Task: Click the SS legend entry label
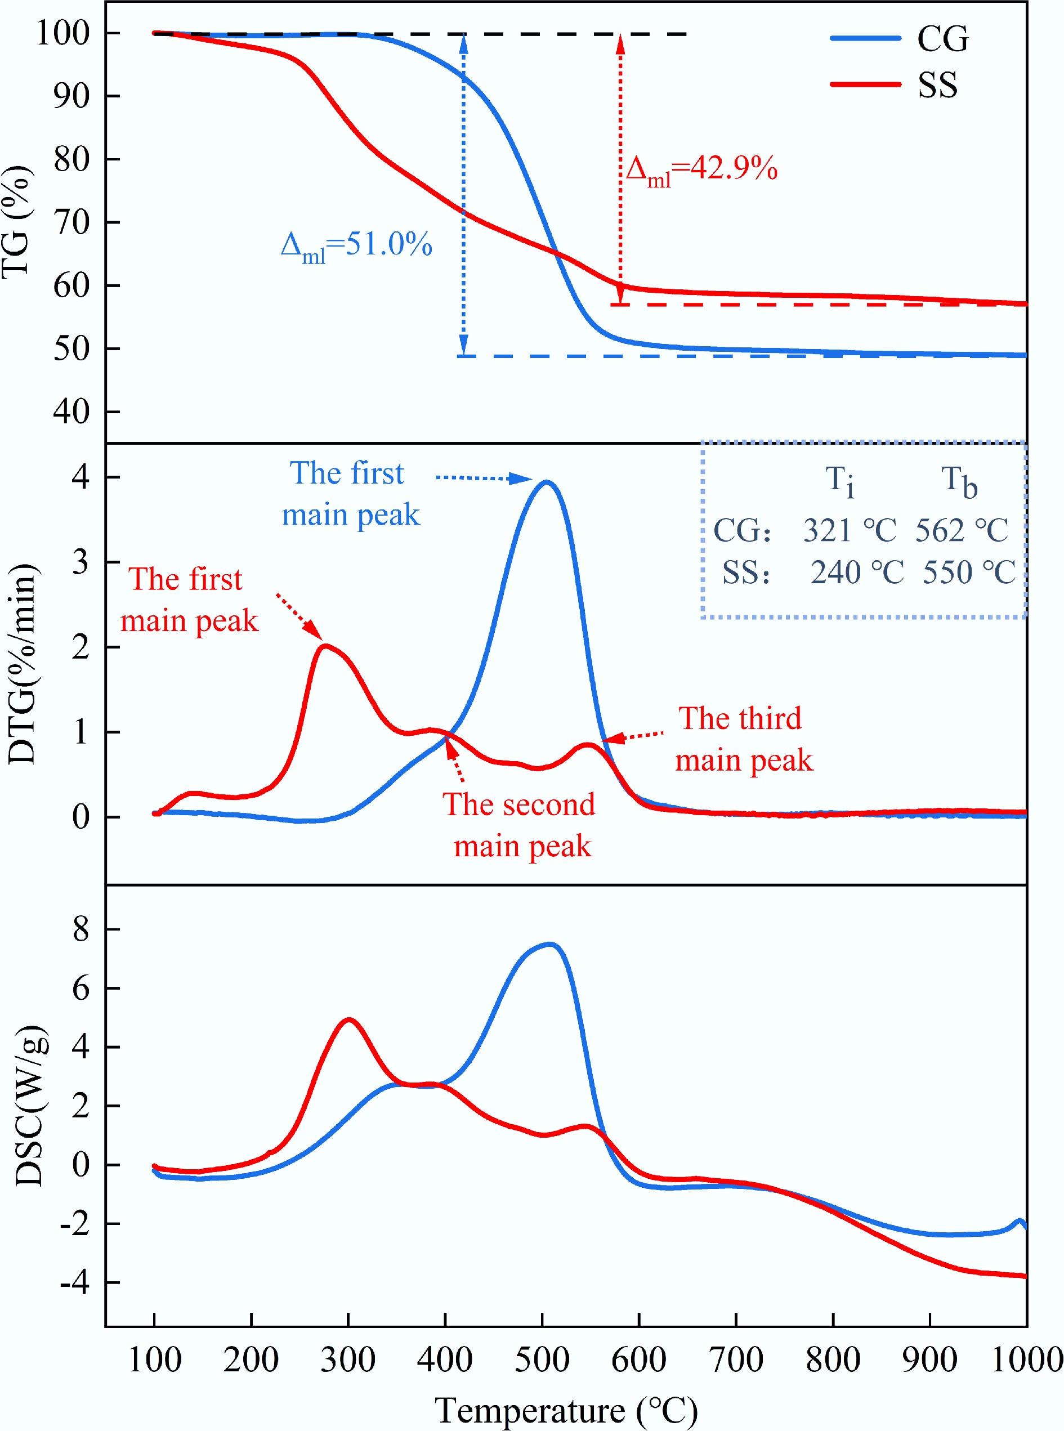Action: tap(937, 85)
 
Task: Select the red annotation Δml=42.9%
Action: tap(701, 170)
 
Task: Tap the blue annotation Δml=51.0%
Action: tap(356, 245)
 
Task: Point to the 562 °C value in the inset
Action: tap(962, 531)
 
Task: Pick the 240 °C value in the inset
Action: tap(857, 573)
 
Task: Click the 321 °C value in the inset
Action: tap(850, 531)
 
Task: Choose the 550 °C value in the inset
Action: tap(969, 573)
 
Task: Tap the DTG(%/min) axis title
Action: tap(23, 663)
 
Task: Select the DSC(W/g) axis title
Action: tap(30, 1105)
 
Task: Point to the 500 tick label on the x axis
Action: tap(542, 1360)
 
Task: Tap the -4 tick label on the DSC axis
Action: tap(75, 1283)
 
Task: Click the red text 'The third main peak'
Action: tap(743, 739)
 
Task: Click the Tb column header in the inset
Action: tap(959, 481)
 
